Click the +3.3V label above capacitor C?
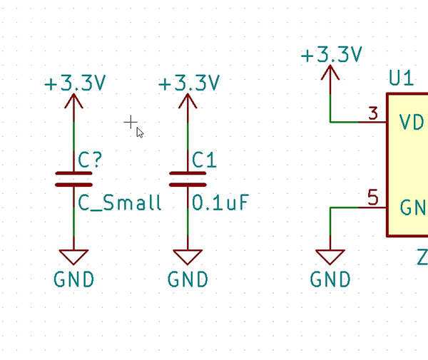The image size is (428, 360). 75,83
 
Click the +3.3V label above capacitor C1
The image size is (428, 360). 189,83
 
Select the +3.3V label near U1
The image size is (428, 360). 332,55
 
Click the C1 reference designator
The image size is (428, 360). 204,160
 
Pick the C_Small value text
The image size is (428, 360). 120,203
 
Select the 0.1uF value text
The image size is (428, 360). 221,203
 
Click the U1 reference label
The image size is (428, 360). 401,78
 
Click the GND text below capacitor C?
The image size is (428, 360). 74,279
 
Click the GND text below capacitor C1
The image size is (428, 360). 188,279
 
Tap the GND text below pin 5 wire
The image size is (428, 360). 331,279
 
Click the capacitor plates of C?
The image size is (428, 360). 74,178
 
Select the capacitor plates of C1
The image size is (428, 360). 188,178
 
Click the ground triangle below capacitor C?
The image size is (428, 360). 74,257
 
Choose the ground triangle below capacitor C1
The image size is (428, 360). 188,257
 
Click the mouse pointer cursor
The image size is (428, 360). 140,132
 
